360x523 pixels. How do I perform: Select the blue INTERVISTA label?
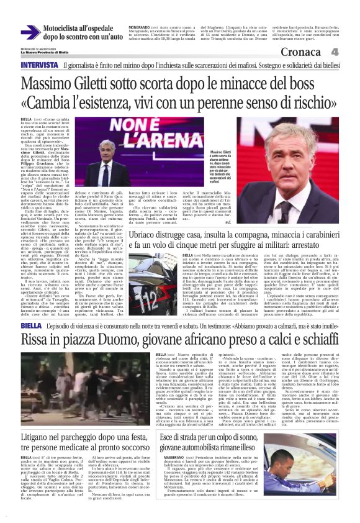point(39,64)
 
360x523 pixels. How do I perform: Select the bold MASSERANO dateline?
point(172,478)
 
